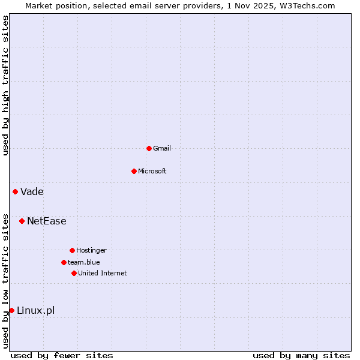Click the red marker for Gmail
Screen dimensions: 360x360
coord(149,148)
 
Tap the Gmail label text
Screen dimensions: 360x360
coord(162,148)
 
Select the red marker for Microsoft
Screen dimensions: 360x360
coord(134,171)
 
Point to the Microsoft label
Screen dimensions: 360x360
coord(152,171)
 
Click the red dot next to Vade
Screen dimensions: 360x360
coord(15,191)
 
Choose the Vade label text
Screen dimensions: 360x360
coord(32,192)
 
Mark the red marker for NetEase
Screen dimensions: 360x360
coord(22,221)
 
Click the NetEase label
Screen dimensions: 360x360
coord(47,221)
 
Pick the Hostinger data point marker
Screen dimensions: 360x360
coord(72,250)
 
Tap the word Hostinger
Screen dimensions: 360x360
coord(91,250)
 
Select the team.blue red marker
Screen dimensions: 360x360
coord(64,262)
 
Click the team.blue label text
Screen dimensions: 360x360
coord(84,262)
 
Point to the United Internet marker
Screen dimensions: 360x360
coord(74,273)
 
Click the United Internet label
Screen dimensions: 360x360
coord(103,273)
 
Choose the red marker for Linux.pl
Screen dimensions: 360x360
coord(11,310)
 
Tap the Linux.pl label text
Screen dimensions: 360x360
coord(36,310)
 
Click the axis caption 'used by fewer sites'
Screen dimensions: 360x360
coord(62,355)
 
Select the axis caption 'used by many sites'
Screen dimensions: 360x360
coord(301,355)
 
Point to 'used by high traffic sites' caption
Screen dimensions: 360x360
coord(5,85)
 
